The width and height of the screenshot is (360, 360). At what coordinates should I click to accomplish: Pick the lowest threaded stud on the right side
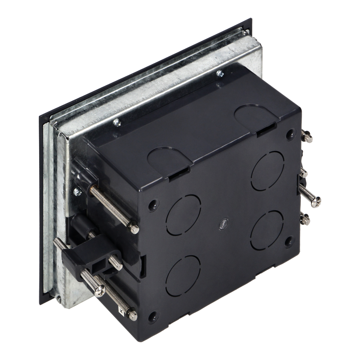tap(307, 218)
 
